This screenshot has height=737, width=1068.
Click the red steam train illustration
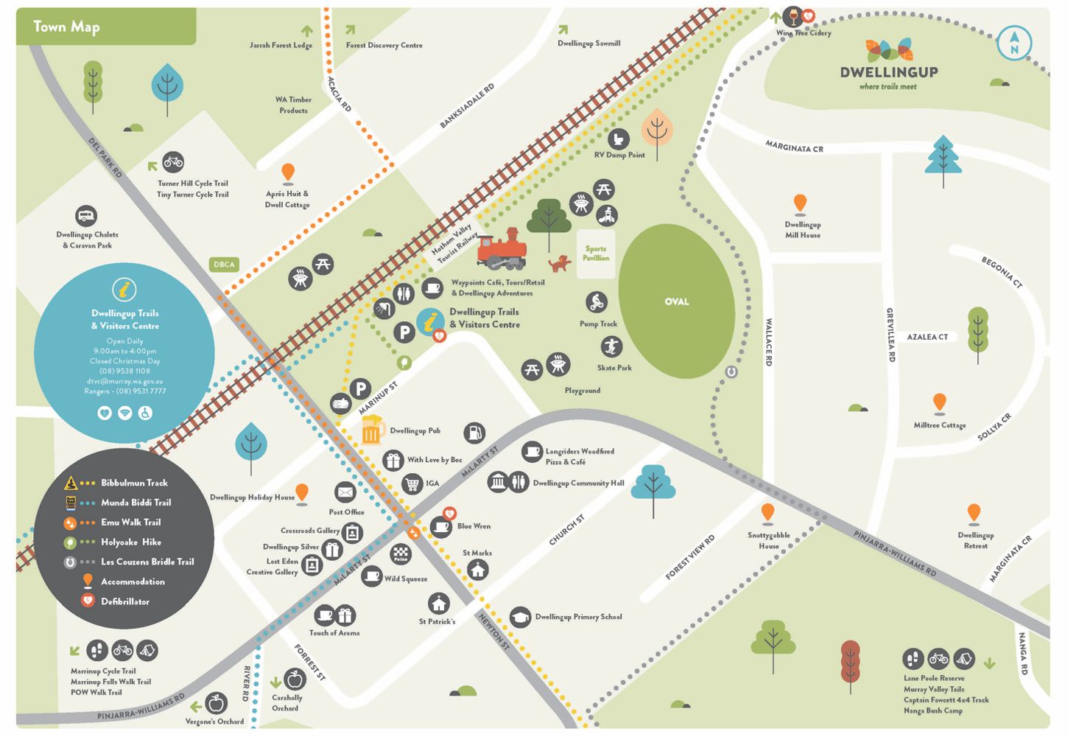[502, 249]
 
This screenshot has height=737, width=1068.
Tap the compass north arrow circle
[1014, 43]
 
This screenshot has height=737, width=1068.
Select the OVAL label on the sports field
[676, 301]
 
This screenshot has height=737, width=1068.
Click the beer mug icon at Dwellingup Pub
[372, 430]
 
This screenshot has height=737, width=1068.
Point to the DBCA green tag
[224, 264]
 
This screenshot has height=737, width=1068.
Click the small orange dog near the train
[560, 263]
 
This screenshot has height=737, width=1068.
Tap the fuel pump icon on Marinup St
[474, 433]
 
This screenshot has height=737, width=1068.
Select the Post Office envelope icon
[345, 492]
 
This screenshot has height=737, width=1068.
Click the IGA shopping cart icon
[412, 483]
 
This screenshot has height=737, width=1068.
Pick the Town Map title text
[66, 27]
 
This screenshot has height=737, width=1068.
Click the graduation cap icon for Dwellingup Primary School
[520, 617]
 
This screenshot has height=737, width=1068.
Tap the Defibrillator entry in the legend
[125, 601]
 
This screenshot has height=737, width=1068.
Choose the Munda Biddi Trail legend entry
[136, 503]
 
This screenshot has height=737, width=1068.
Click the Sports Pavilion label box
[596, 254]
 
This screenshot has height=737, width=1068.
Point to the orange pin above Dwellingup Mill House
[800, 203]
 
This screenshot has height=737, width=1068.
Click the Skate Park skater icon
[611, 346]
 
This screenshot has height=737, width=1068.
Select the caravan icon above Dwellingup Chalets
[86, 216]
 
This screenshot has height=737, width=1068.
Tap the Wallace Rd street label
[768, 342]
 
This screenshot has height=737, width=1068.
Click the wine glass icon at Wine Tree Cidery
[793, 15]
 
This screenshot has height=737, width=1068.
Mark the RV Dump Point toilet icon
[618, 139]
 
